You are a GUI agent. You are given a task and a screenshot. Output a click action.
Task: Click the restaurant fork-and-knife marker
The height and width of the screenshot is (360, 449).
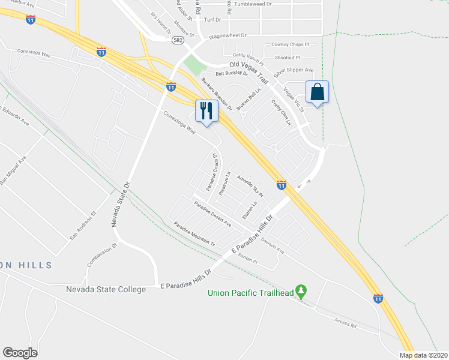pos(206,110)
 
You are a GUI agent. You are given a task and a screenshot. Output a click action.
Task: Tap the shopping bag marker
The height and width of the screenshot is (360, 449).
pos(317,92)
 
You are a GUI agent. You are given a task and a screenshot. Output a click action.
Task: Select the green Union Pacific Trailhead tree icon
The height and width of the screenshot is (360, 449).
pos(302,292)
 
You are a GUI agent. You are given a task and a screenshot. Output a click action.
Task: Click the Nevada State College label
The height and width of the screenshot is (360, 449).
pos(106,290)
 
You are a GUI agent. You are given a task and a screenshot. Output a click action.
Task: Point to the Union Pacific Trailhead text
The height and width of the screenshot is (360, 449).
pos(250,293)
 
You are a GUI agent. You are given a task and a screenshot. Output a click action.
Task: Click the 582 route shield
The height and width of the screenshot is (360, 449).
pos(176,40)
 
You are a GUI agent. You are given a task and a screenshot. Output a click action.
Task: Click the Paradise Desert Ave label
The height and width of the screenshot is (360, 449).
pos(212,214)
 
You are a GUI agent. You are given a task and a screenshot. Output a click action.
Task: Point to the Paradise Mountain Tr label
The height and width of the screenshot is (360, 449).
pos(194,235)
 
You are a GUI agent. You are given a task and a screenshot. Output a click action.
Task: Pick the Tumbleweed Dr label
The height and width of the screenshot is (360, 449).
pos(253,4)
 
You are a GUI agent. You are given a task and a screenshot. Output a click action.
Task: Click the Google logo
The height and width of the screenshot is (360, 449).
pos(20,353)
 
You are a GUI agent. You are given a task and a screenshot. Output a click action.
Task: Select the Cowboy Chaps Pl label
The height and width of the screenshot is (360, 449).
pos(290,44)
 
